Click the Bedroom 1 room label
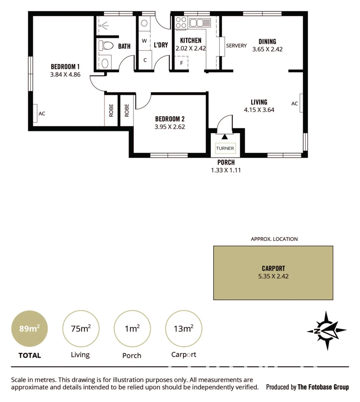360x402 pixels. point(65,67)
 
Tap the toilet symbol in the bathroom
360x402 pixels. point(106,46)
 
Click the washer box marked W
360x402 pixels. point(144,40)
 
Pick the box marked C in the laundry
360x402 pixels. point(145,60)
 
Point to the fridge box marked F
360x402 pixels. point(181,63)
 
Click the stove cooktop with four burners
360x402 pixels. point(181,22)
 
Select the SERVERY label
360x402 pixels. point(236,45)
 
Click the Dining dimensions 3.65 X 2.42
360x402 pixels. point(267,49)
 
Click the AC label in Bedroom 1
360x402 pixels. point(42,114)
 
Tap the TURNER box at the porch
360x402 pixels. point(225,148)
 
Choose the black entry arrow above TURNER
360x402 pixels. point(224,137)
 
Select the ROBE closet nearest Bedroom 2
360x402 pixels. point(127,110)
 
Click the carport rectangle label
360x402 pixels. point(273,268)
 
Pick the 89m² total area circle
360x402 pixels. point(29,329)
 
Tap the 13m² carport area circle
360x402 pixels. point(183,329)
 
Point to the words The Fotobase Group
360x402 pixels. point(323,387)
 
